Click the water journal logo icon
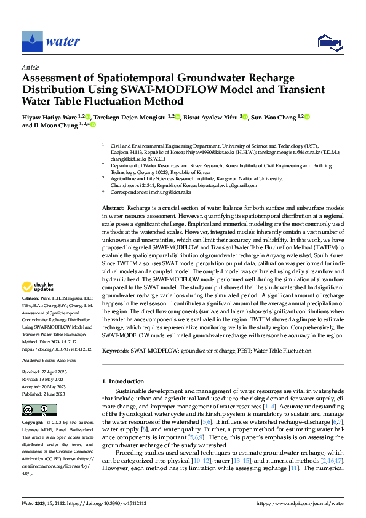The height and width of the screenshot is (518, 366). (33, 42)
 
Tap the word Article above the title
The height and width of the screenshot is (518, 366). (31, 67)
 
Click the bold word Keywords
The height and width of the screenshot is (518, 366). (115, 351)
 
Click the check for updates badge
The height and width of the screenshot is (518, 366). (39, 287)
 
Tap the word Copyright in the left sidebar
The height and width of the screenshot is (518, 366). (33, 424)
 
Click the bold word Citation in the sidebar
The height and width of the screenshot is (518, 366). (31, 298)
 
